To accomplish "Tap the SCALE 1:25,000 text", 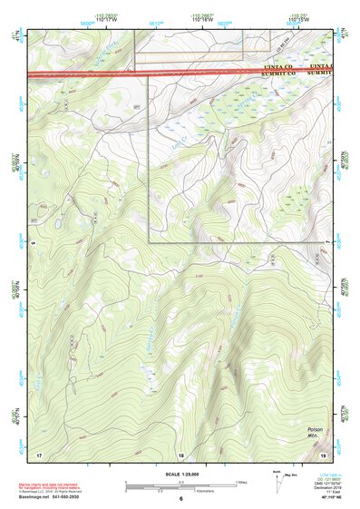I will click(180, 474).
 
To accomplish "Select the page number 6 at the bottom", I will click(180, 498).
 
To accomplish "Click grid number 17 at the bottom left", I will click(38, 454).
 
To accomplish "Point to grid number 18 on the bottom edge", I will click(180, 454).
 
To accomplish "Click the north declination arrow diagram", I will click(276, 478).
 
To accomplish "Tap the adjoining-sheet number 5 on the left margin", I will click(31, 242).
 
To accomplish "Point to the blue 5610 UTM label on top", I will click(155, 24).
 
